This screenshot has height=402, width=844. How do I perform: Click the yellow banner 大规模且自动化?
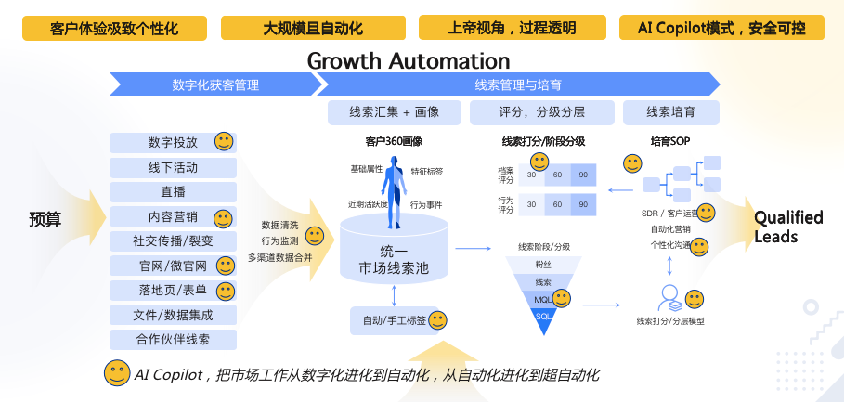point(313,28)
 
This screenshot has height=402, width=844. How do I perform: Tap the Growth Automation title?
point(408,61)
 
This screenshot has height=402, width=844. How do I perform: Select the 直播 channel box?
point(173,192)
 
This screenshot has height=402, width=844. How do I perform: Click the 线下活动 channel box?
point(173,167)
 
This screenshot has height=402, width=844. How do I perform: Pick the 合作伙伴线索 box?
point(173,340)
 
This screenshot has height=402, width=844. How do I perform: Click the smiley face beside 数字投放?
point(224,141)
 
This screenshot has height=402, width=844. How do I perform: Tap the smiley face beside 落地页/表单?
point(226,292)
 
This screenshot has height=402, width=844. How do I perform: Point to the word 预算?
point(45,219)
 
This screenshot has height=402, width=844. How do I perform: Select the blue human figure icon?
point(394,191)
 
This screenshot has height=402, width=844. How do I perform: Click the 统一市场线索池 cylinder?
point(394,251)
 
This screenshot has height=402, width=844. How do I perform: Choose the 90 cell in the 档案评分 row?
point(583,175)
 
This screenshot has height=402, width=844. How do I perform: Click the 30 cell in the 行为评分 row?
point(531,204)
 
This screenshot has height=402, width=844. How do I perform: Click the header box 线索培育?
point(671,112)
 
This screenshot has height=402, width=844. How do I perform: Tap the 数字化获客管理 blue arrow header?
point(215,84)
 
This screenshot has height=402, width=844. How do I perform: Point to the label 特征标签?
point(427,172)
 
